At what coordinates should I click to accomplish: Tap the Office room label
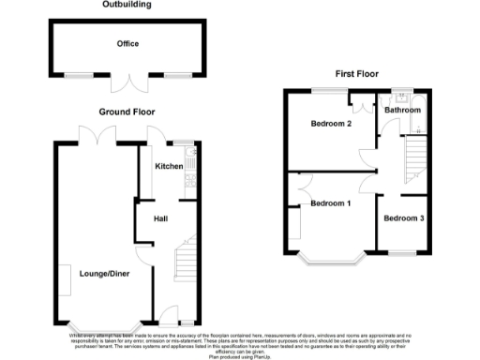pos(127,43)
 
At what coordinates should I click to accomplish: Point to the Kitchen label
pos(169,166)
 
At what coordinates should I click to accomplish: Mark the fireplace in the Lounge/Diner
pos(66,278)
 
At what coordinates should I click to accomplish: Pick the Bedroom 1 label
pos(331,203)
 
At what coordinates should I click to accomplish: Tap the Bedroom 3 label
pos(404,218)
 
